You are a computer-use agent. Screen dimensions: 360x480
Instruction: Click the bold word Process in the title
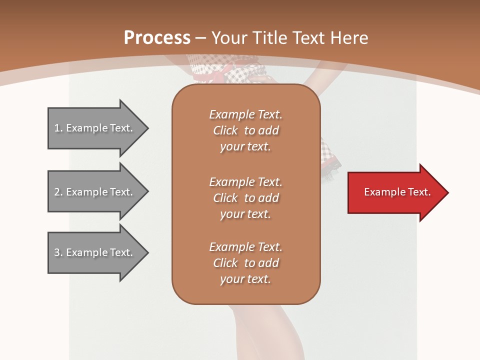coord(157,38)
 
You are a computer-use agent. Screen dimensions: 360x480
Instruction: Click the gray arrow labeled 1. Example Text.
coord(95,128)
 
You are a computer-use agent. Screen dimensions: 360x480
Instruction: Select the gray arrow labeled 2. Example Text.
coord(95,192)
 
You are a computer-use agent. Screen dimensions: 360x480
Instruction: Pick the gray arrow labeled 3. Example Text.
coord(95,252)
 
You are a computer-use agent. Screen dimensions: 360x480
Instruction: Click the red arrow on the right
coord(395,192)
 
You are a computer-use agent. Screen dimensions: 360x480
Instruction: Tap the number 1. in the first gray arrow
coord(58,128)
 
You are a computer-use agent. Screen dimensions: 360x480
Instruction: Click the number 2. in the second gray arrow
coord(58,192)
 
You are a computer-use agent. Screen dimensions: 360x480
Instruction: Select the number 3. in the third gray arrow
coord(58,252)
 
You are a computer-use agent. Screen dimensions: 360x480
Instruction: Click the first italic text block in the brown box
coord(245,130)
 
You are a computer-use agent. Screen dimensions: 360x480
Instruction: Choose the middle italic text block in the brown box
coord(245,197)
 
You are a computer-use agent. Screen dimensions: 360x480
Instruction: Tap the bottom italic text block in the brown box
coord(245,263)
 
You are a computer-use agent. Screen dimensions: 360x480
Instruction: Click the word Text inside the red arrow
coord(420,192)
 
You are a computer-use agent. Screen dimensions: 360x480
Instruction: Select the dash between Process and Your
coord(201,38)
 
